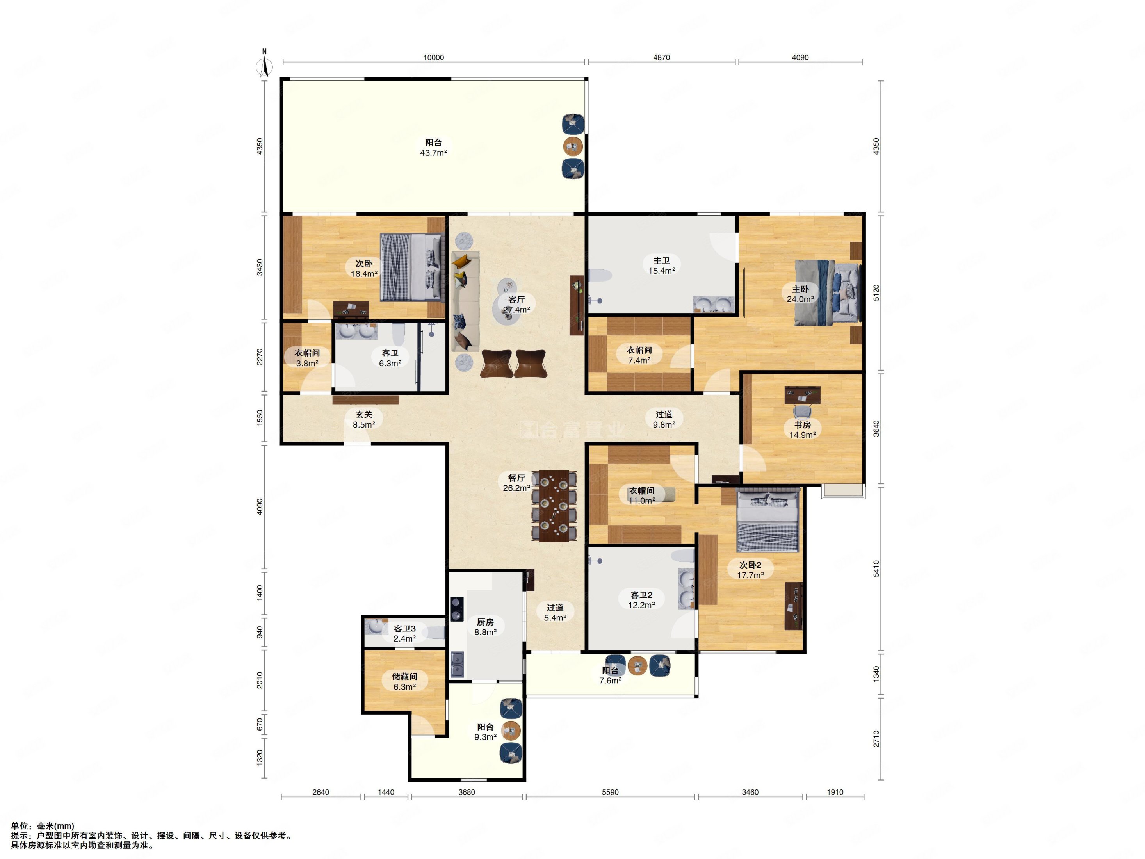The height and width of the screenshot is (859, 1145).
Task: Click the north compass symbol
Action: tap(265, 64)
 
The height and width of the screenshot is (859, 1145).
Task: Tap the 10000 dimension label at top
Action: tap(433, 57)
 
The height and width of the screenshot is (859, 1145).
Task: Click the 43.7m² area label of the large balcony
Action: tap(433, 153)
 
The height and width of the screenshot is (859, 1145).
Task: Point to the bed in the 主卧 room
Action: tap(828, 292)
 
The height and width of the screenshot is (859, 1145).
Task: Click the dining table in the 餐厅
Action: tap(554, 506)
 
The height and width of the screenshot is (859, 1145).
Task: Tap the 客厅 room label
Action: tap(516, 300)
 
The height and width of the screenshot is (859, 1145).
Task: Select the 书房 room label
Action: tap(802, 424)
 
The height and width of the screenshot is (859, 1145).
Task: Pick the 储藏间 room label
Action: tap(404, 676)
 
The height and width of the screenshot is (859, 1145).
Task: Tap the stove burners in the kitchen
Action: tap(456, 608)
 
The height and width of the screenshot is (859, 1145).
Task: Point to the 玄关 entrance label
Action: tap(364, 414)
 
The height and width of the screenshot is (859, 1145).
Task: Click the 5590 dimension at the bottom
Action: tap(610, 792)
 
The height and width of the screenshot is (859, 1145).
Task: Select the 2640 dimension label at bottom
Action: tap(321, 792)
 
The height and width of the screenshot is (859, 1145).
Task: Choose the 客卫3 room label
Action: tap(405, 629)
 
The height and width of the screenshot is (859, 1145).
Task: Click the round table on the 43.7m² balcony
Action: tap(573, 146)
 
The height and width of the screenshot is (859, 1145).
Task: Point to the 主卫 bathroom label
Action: tap(662, 260)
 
